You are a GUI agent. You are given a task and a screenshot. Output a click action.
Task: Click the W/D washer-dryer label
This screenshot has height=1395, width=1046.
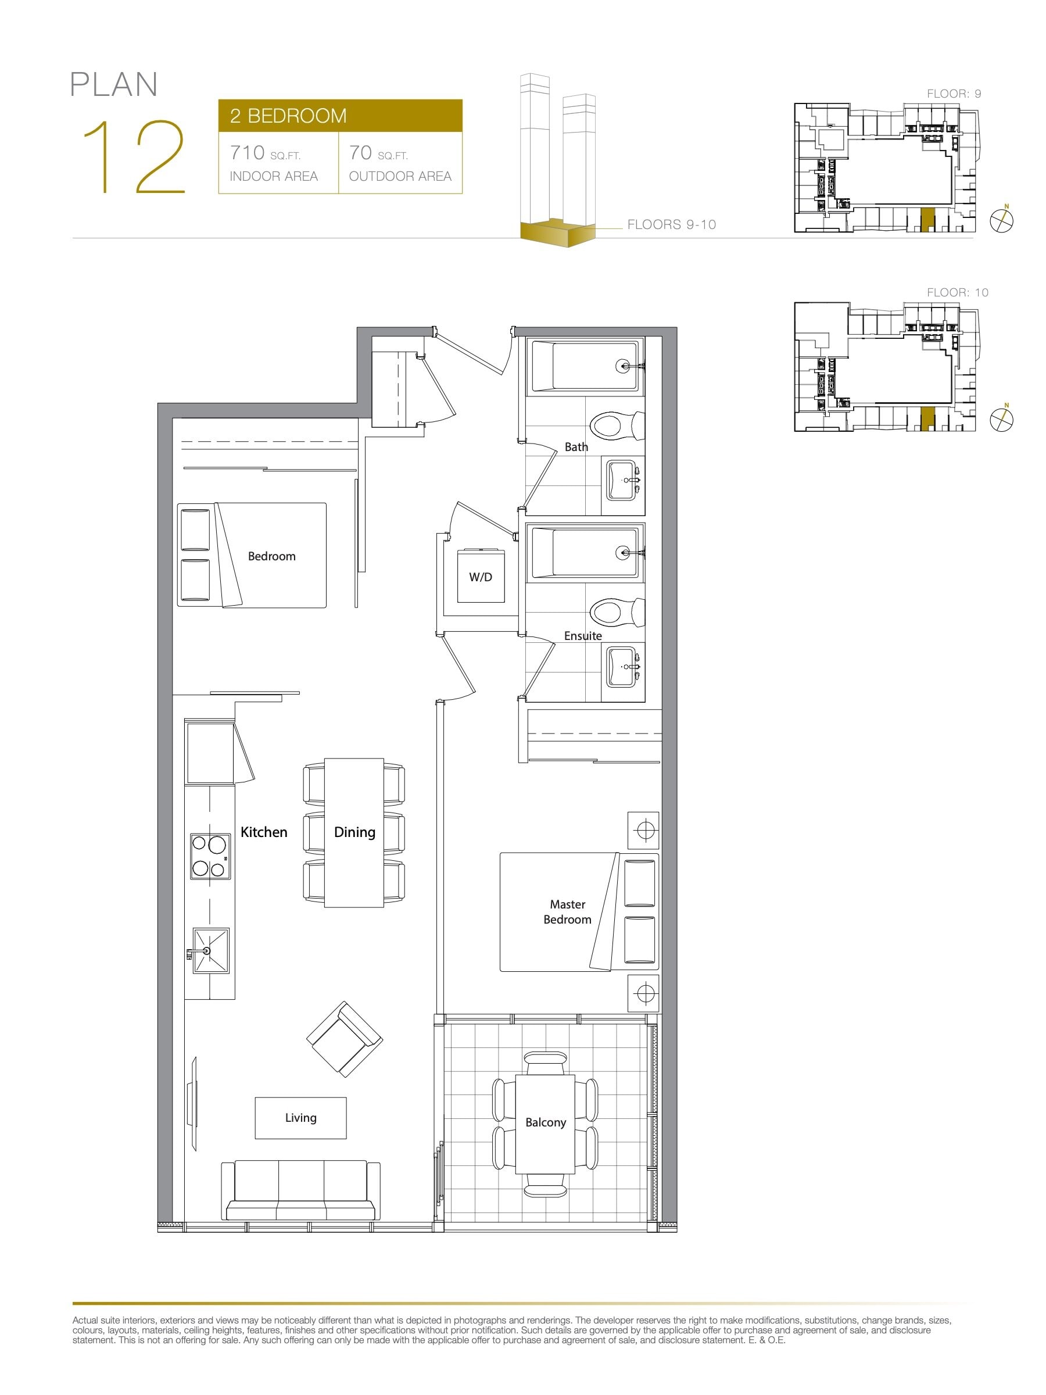pos(481,577)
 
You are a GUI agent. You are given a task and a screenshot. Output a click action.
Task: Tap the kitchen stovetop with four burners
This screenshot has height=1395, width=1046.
pos(210,856)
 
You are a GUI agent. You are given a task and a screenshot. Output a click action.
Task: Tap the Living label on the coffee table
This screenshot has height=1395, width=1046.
pos(301,1118)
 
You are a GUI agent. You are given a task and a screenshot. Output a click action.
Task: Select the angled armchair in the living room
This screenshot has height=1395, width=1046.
pos(344,1039)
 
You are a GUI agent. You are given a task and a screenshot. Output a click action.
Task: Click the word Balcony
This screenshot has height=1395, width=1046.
pos(546,1122)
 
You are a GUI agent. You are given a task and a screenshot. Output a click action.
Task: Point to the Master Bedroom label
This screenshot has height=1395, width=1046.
pos(567,912)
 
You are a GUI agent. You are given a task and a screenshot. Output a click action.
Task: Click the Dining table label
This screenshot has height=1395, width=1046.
pos(354,832)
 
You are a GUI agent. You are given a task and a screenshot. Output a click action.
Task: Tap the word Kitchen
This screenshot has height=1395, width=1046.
pos(264,832)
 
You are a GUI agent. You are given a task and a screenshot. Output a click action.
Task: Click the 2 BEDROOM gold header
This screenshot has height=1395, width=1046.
pos(341,116)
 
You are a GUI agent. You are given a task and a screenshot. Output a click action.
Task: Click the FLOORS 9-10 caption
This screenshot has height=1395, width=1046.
pos(672,224)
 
